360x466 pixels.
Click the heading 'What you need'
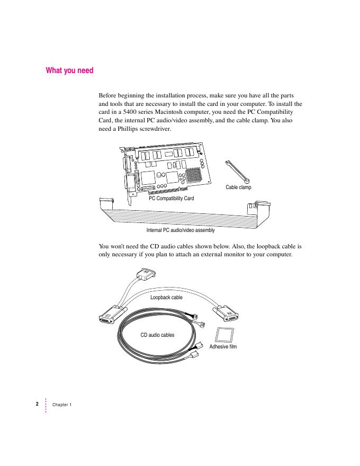coord(69,70)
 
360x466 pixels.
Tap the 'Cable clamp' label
coord(238,187)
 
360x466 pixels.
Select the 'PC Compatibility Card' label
coord(171,198)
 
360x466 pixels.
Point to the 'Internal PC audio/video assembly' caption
coord(181,230)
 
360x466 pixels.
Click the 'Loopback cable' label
coord(166,298)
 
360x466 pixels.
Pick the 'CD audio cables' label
coord(157,335)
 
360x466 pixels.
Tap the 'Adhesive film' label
coord(223,347)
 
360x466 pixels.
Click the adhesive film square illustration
coord(224,335)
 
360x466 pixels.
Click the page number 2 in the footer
coord(37,404)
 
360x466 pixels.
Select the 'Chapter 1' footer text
coord(62,405)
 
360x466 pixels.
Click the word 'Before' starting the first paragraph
coord(109,96)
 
